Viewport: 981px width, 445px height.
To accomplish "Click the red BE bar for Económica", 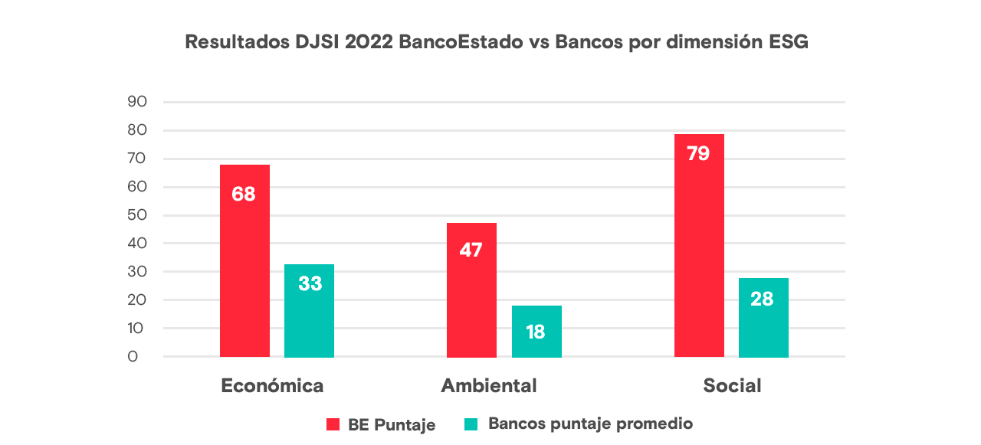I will coord(244,260).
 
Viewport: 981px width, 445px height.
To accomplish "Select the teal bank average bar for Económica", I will coord(309,310).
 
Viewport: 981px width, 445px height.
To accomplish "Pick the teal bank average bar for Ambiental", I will coord(536,331).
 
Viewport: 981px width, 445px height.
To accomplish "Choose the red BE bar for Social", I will coord(699,245).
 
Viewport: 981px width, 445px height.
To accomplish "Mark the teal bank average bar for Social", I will coord(763,317).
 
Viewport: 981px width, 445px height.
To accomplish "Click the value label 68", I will coord(244,194).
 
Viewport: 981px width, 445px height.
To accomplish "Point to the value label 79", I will coord(698,153).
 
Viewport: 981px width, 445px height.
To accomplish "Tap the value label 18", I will coord(536,332).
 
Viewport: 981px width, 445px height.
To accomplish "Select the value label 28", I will coord(763,299).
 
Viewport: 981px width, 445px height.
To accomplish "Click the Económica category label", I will coord(272,385).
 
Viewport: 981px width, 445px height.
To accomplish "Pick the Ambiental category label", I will coord(489,385).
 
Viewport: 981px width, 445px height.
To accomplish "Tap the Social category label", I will coord(732,385).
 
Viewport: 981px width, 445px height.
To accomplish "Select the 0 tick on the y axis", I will coord(133,357).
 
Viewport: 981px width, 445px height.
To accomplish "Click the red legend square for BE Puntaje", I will coord(333,424).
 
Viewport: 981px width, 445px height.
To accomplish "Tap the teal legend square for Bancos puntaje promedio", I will coord(471,424).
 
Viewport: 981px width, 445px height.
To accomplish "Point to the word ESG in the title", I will coord(788,42).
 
